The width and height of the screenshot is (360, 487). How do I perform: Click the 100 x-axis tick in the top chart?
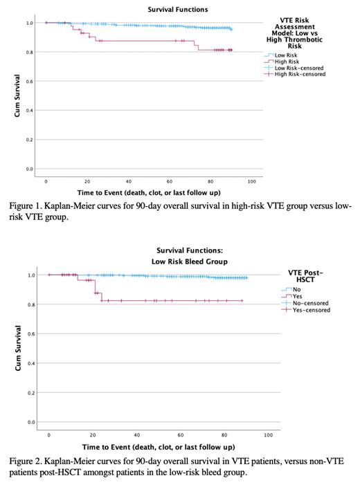click(251, 180)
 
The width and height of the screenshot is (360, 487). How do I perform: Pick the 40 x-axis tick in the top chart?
click(128, 180)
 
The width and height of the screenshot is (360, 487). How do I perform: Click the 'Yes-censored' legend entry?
click(310, 310)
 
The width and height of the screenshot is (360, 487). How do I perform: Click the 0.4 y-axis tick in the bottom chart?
click(30, 363)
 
